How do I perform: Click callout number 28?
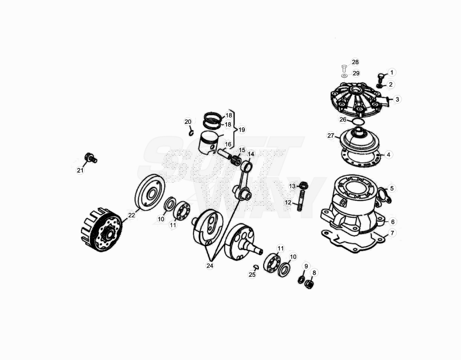[355, 62]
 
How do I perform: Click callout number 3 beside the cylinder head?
[397, 99]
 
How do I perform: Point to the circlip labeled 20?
[191, 133]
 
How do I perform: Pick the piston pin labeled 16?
[225, 154]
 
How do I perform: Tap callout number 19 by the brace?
[242, 130]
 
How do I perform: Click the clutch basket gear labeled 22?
[101, 229]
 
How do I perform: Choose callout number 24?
[210, 265]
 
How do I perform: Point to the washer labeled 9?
[301, 280]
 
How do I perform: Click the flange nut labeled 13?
[303, 185]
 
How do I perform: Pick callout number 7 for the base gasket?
[392, 233]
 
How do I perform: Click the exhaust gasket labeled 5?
[384, 195]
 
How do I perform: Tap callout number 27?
[331, 135]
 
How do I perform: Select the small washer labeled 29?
[344, 76]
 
